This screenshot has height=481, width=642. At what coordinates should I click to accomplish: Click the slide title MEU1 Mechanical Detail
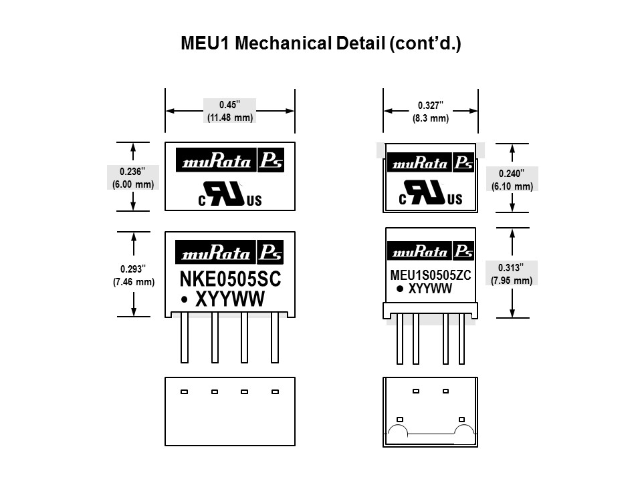point(321,44)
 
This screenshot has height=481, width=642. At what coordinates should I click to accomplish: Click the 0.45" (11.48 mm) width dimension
point(229,111)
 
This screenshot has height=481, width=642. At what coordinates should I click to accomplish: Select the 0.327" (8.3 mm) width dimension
point(430,112)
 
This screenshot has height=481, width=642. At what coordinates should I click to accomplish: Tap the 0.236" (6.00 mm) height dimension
point(134,176)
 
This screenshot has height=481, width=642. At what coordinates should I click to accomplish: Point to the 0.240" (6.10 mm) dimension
point(512,180)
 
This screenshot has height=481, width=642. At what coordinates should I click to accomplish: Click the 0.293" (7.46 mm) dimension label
point(134,275)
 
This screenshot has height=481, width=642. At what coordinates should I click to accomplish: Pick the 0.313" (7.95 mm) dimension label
point(512,274)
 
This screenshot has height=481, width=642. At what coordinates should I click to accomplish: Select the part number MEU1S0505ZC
point(430,275)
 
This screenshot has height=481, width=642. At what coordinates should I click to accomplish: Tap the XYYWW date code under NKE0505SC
point(229,300)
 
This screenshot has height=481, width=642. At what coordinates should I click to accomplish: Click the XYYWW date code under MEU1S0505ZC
point(430,289)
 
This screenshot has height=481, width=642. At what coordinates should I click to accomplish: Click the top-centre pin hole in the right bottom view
point(416,391)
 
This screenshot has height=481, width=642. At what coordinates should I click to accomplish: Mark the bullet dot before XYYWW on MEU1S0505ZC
point(400,289)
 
